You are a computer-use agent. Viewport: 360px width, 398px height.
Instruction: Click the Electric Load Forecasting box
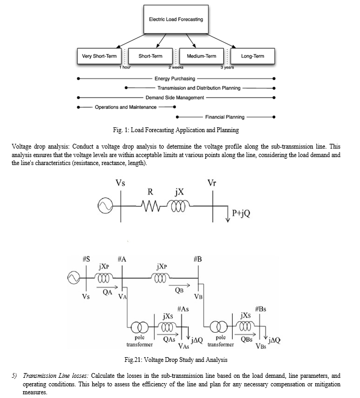176,19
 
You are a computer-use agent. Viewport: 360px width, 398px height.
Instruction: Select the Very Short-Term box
99,56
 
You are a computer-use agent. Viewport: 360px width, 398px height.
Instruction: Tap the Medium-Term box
201,56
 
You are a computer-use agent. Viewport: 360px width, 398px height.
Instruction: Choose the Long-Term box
252,56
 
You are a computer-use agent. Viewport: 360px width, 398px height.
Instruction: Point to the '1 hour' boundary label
125,67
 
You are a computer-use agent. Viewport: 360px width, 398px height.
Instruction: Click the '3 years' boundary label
227,67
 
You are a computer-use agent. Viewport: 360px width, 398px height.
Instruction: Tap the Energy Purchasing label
175,79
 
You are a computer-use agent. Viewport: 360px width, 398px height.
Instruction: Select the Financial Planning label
225,117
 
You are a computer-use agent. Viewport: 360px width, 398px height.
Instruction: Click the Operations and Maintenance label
126,107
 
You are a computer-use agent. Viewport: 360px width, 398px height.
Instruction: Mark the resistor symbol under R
151,205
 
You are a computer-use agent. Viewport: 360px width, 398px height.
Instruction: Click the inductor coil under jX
178,205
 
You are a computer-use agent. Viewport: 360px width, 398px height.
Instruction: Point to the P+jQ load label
241,213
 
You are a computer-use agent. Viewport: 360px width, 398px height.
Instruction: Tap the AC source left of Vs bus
105,206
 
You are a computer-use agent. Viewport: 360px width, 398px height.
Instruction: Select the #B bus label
198,259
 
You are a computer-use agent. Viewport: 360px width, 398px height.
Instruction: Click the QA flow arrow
107,287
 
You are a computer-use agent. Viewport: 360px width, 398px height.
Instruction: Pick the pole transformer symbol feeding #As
139,327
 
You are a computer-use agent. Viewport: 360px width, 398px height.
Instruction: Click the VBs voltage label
261,346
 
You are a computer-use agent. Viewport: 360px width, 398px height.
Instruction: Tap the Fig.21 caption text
176,360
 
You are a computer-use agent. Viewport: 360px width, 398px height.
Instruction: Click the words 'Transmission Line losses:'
56,376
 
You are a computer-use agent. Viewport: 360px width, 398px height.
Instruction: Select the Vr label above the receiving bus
212,183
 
